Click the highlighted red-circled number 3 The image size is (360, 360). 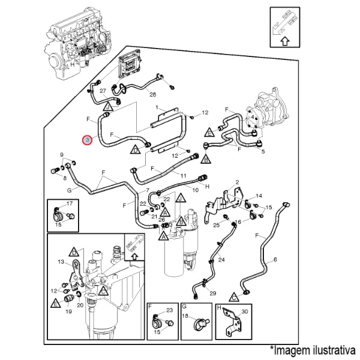point(88,139)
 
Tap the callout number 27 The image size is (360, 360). point(103,91)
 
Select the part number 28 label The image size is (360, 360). point(152,94)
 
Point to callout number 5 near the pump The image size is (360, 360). point(262,151)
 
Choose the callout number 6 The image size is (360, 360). point(275,260)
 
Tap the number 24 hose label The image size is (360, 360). point(221,260)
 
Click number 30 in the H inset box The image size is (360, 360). point(244,311)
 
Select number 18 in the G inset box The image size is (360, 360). point(185,316)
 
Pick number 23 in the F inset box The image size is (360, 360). point(169,310)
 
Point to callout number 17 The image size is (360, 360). point(70,204)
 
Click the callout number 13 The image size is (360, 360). point(61,262)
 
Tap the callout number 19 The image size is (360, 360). point(68,312)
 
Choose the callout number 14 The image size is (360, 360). point(259,196)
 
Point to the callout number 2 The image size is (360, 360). point(237,182)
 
